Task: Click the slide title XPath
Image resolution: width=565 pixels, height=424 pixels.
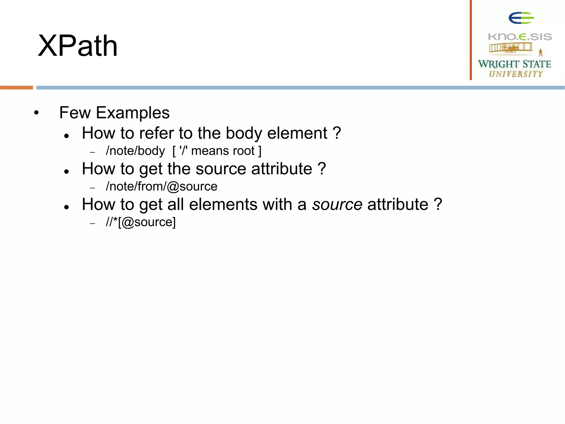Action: coord(78,46)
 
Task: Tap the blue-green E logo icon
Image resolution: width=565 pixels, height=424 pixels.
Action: coord(521,18)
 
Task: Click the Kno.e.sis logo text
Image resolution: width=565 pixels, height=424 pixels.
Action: coord(520,37)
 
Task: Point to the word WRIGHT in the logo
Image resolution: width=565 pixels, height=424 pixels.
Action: coord(498,64)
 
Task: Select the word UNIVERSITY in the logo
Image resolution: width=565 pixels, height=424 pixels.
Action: coord(516,74)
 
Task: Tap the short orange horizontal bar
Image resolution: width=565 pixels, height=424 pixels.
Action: coord(16,88)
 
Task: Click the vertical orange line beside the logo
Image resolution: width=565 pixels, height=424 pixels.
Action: coord(471,40)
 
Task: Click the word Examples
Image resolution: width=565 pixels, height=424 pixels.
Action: coord(133,113)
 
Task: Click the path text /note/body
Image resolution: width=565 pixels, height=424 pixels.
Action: coord(135,151)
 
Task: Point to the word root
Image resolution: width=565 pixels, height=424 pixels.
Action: coord(244,151)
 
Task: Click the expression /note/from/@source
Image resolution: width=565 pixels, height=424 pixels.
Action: coord(162,187)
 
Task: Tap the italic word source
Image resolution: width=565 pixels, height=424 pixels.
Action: coord(337,205)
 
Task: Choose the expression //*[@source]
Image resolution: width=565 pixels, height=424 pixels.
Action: coord(141,222)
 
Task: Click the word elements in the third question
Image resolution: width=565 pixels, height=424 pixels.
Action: coord(223,205)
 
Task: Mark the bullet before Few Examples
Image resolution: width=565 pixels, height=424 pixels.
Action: coord(36,113)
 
